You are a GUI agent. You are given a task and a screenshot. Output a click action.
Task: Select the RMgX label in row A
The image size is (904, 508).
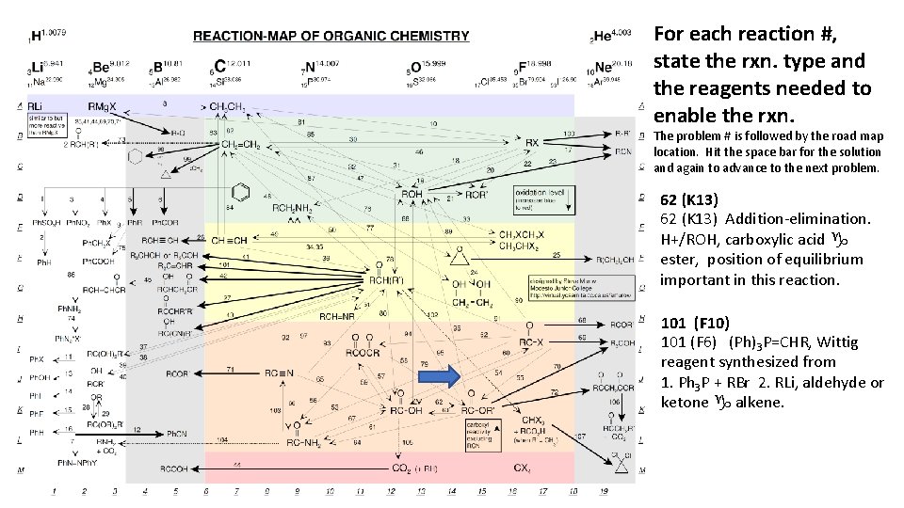[104, 105]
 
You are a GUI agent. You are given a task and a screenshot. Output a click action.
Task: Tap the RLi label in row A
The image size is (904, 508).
[36, 106]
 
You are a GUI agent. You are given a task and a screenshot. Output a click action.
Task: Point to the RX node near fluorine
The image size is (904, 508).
[532, 143]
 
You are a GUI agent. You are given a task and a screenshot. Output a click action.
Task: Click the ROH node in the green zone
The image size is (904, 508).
[412, 193]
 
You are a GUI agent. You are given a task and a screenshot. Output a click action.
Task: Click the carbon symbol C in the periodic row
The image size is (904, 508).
[219, 66]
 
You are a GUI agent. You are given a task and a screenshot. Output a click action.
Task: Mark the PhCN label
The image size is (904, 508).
[179, 433]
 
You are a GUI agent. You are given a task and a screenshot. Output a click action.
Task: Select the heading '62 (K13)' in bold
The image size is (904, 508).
[689, 199]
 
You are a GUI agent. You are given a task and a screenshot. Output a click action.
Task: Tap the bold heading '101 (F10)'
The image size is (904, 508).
[694, 323]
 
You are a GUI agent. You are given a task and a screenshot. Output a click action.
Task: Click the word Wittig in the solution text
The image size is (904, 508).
[850, 341]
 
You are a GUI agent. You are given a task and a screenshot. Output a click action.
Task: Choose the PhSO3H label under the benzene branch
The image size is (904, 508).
[45, 222]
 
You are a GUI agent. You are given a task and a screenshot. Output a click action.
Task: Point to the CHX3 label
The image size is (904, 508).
[533, 420]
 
